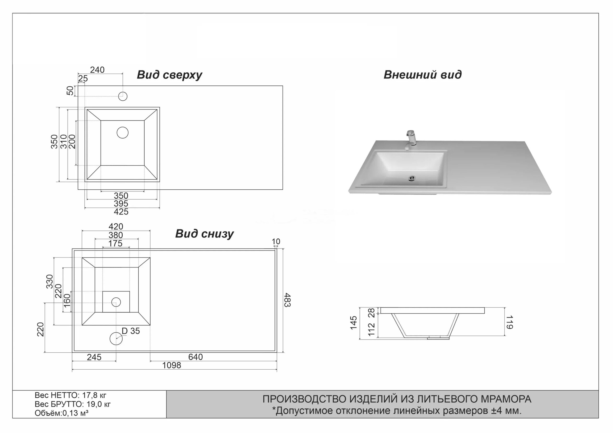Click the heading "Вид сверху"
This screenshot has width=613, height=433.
coord(170,75)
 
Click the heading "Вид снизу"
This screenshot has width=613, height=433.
coord(204,234)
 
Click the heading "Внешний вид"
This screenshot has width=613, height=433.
coord(422,75)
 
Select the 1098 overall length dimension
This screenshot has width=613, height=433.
coord(172,365)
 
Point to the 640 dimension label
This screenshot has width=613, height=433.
coord(195,357)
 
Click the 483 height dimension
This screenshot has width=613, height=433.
coord(287,300)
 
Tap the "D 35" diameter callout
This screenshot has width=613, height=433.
coord(131,331)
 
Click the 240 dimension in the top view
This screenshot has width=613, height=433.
coord(97,70)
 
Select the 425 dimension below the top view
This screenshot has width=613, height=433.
coord(121,212)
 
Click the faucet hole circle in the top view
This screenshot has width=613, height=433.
coord(123,96)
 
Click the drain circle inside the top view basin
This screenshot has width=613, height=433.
coord(123,132)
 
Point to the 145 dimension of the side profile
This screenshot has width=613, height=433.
coord(353,323)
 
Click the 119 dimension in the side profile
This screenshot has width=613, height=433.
coord(509,322)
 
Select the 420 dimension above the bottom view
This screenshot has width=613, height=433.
coord(116,227)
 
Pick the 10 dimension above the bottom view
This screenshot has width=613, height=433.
coord(276,241)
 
